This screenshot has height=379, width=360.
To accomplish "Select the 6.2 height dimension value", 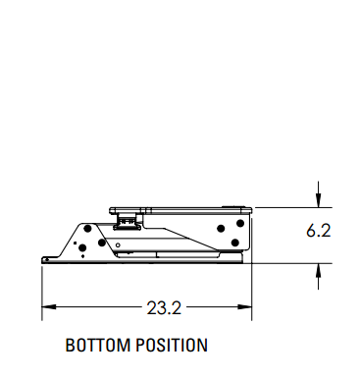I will pyautogui.click(x=318, y=233).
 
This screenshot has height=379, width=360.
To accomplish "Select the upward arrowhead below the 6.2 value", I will pyautogui.click(x=318, y=271).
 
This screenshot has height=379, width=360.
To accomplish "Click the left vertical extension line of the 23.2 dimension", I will pyautogui.click(x=41, y=290).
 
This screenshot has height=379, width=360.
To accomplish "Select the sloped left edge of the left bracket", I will pyautogui.click(x=69, y=238).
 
